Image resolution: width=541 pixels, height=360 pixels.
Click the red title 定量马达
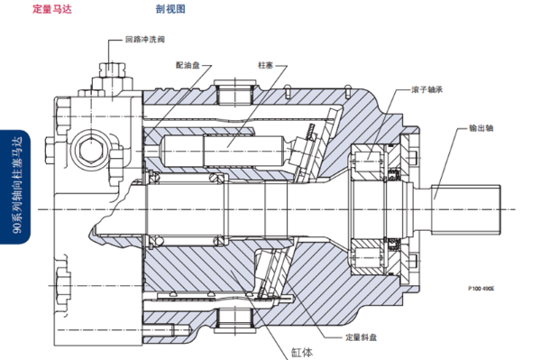coord(52,10)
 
